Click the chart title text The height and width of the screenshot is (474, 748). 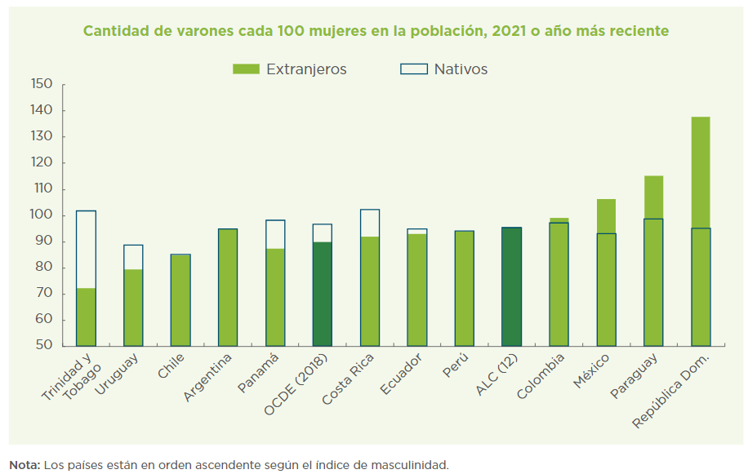coord(376,31)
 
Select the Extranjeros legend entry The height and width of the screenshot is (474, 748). coord(290,69)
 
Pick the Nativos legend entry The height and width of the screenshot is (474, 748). coord(444,69)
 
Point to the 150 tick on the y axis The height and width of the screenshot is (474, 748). coord(42,84)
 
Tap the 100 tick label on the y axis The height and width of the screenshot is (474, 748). coord(42,215)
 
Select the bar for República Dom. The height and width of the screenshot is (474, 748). coord(701,233)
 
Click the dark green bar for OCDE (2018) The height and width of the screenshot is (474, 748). coord(323,294)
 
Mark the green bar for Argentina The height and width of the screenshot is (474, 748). coord(228,287)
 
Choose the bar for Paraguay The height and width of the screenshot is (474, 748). coord(653,261)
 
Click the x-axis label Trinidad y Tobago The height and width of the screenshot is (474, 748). coord(67,379)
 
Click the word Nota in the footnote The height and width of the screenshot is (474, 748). coord(24,465)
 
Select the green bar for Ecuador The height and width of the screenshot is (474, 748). coord(416,290)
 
